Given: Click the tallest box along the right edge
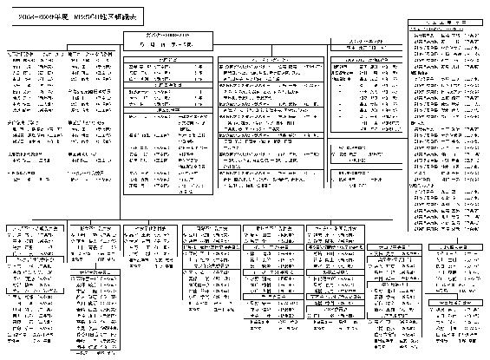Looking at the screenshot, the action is coord(448,113).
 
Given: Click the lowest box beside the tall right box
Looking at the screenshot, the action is coord(363,169).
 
